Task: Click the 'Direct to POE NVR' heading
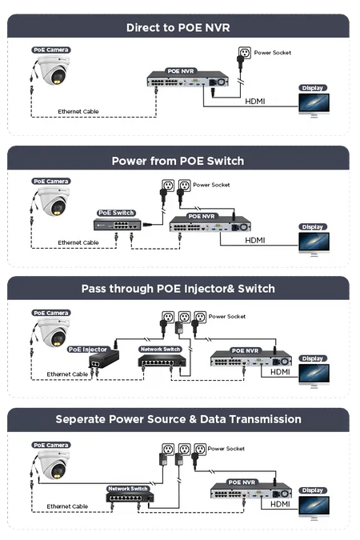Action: (178, 27)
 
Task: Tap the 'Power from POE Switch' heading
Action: (178, 161)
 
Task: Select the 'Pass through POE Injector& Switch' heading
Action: (178, 289)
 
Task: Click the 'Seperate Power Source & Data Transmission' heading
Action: (178, 419)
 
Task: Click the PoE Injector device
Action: (104, 359)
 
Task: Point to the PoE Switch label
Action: (116, 213)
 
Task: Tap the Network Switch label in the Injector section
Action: (161, 350)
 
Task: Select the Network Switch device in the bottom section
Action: (130, 497)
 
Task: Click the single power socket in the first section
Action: (245, 53)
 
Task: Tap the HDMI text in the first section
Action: (255, 102)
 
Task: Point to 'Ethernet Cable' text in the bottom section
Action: (67, 506)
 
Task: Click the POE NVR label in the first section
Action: (181, 71)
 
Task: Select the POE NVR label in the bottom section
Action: (242, 482)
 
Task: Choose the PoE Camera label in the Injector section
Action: (51, 313)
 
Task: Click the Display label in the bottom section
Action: (313, 490)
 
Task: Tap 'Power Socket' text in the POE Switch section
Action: (211, 185)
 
